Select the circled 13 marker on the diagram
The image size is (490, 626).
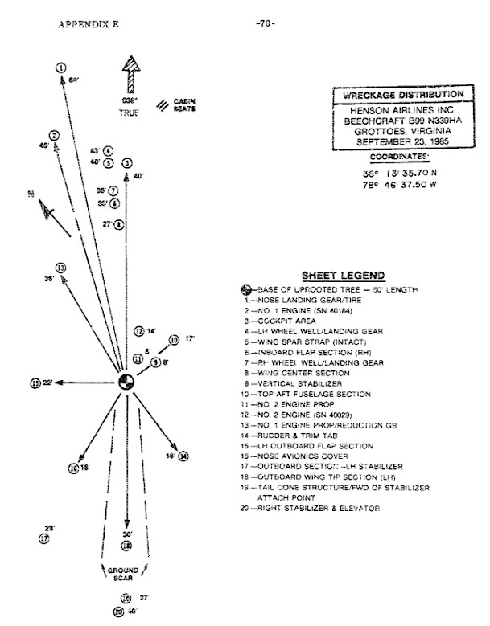click(60, 267)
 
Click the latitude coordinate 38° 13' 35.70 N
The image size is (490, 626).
click(399, 171)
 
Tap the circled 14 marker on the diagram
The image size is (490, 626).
click(183, 456)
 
